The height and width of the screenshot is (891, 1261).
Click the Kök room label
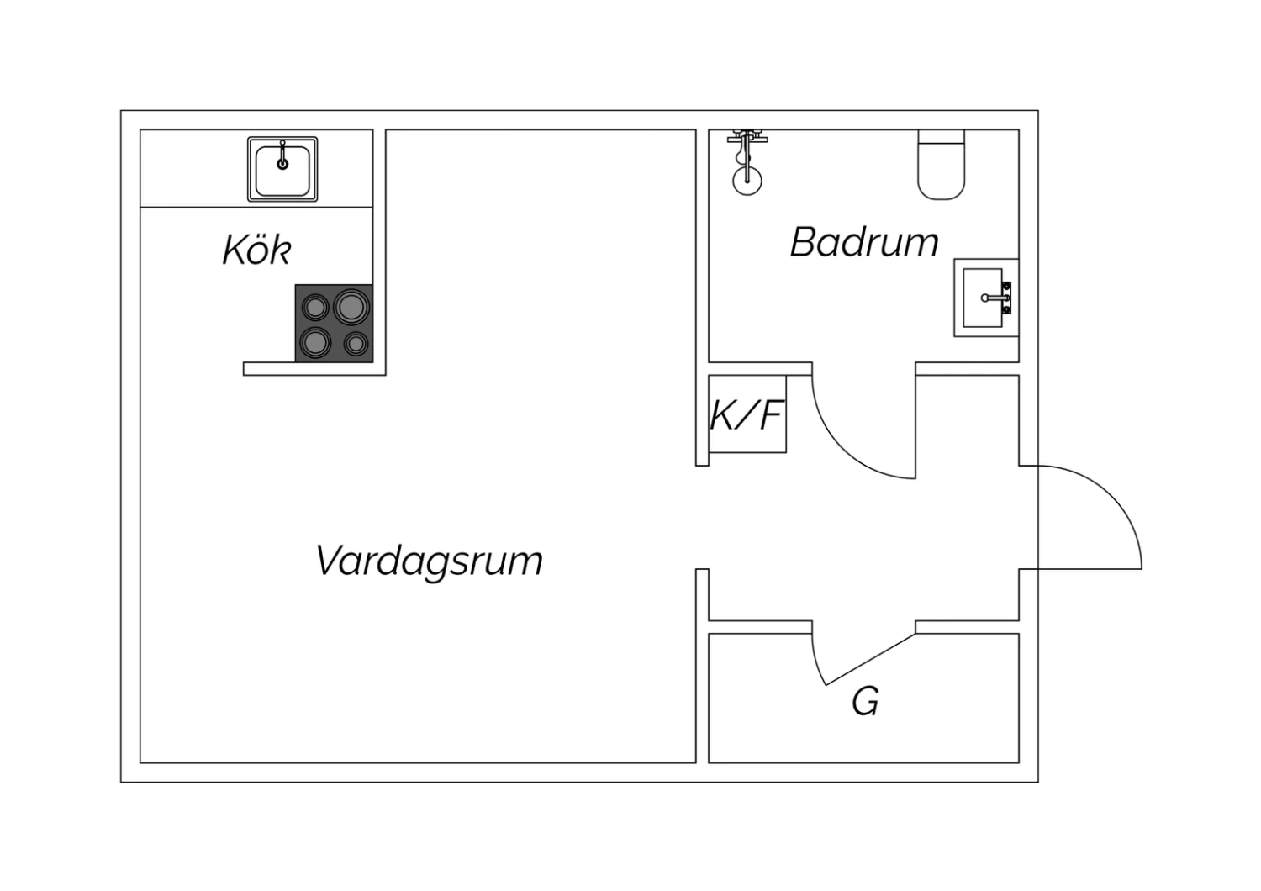[x=257, y=250]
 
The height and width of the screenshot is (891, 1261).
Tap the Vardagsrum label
[x=429, y=561]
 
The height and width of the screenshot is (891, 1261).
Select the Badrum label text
[x=865, y=243]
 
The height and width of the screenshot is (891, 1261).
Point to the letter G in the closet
[x=865, y=701]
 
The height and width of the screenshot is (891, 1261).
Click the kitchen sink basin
[x=282, y=170]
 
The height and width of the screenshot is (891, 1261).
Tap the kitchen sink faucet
[x=282, y=155]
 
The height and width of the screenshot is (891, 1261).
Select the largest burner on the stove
[x=351, y=308]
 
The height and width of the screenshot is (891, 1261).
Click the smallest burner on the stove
[x=356, y=343]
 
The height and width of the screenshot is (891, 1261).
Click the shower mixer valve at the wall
[x=747, y=137]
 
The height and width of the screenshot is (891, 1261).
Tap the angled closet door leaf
[x=870, y=659]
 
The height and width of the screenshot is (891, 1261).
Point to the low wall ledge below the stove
[x=314, y=369]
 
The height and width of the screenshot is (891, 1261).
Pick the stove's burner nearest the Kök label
[x=315, y=308]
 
